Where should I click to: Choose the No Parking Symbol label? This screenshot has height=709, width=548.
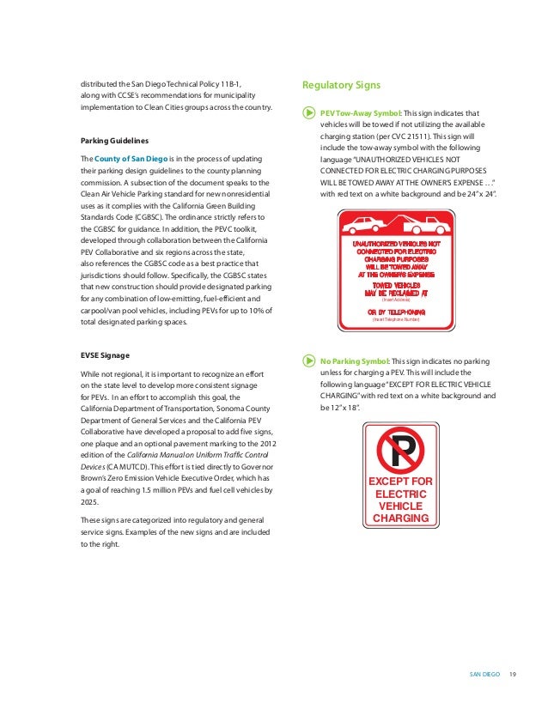pyautogui.click(x=353, y=361)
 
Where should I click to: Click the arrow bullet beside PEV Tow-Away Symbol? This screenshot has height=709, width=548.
pyautogui.click(x=308, y=113)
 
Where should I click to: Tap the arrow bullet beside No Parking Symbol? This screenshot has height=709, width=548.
pyautogui.click(x=308, y=361)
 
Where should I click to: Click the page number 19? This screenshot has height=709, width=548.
pyautogui.click(x=512, y=672)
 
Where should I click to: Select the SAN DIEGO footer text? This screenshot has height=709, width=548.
pyautogui.click(x=484, y=672)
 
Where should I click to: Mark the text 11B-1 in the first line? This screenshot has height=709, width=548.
pyautogui.click(x=224, y=82)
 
